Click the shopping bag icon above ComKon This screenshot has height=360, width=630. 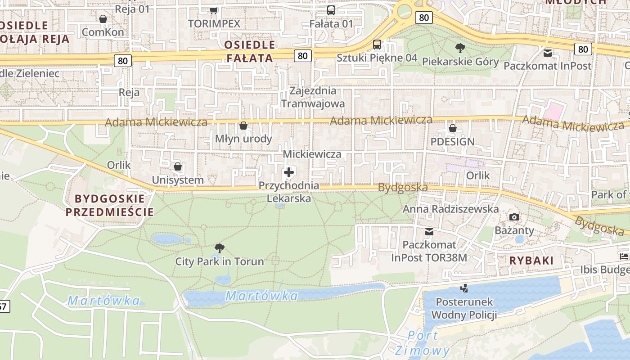click(103, 19)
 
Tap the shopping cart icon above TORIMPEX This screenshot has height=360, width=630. click(214, 10)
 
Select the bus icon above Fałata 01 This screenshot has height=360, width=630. click(331, 10)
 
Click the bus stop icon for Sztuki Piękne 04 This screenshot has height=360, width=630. click(377, 45)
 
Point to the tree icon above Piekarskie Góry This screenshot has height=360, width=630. click(460, 48)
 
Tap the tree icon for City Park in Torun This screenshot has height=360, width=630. click(220, 248)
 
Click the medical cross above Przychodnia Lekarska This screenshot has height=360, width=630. click(289, 172)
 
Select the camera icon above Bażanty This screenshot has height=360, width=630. click(514, 217)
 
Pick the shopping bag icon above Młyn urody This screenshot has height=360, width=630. click(243, 126)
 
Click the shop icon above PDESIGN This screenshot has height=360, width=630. click(453, 128)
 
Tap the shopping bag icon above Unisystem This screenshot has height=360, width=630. click(178, 167)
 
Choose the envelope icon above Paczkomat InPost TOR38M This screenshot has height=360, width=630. click(429, 232)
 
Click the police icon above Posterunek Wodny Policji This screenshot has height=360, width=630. click(464, 288)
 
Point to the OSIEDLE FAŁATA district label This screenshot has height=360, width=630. click(249, 51)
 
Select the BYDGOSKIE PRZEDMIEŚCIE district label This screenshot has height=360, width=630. click(109, 205)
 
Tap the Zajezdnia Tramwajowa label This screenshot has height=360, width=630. click(313, 97)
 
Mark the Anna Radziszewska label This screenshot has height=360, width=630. click(450, 209)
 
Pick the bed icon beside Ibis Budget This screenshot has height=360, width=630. click(624, 256)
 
